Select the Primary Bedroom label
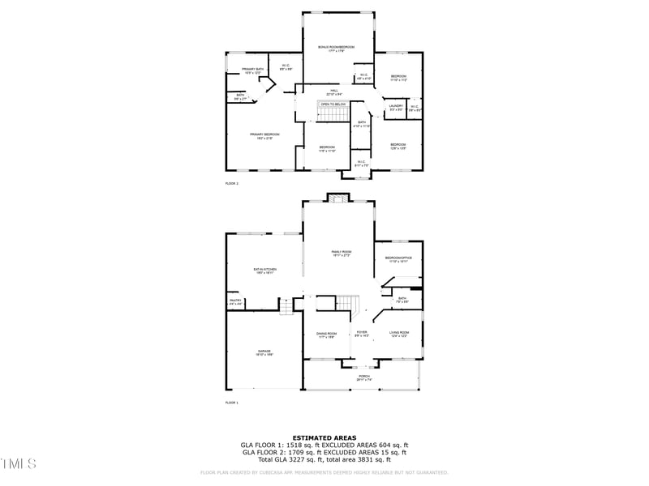[265, 135]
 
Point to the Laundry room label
[396, 107]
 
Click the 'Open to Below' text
[333, 104]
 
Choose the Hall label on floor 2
[333, 92]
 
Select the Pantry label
[235, 301]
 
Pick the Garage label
[264, 352]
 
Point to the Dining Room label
[326, 334]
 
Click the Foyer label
[362, 333]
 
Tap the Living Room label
[399, 334]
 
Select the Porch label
[364, 377]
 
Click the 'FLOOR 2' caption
[232, 184]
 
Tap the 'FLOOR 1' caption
[232, 402]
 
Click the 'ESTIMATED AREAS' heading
[324, 437]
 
